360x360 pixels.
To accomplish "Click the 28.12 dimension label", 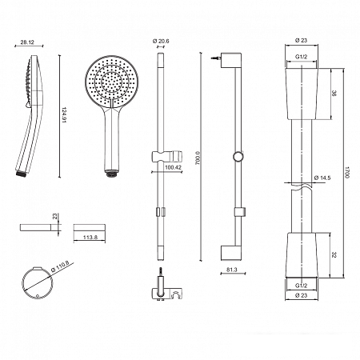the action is click(x=27, y=42).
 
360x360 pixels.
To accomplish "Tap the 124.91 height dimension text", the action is click(x=64, y=115).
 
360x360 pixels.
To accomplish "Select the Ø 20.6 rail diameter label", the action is click(x=161, y=41).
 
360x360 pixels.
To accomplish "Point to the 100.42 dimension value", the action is click(x=173, y=167).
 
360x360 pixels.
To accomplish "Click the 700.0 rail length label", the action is click(x=198, y=158).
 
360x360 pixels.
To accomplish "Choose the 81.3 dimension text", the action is click(x=232, y=270).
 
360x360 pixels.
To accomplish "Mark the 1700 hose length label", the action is click(x=347, y=172).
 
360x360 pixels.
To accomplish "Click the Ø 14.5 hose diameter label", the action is click(x=322, y=178).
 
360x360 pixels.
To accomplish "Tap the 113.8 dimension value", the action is click(x=90, y=237).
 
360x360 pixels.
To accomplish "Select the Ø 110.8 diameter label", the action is click(x=60, y=266).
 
